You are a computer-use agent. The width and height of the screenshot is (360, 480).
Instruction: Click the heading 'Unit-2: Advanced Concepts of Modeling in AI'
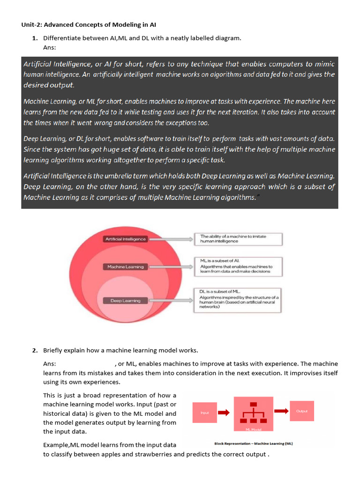tap(92, 24)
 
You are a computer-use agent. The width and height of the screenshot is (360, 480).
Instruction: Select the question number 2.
tap(35, 350)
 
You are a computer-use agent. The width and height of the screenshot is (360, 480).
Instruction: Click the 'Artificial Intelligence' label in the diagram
tap(126, 239)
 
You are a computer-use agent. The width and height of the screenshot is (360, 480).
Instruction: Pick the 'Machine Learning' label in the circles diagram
tap(126, 267)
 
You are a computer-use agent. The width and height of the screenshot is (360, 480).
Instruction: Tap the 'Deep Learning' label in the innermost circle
tap(125, 300)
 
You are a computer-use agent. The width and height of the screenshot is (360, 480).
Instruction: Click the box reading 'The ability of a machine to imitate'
tap(238, 239)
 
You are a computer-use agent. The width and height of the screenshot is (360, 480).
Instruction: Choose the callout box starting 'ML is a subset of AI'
tap(238, 267)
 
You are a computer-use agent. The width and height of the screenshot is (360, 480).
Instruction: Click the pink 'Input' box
tap(204, 412)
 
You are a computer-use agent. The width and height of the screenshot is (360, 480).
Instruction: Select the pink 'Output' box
tap(302, 411)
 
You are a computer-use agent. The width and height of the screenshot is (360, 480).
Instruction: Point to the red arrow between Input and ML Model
tap(224, 412)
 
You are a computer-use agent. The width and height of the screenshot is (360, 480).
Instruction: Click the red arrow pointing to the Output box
tap(281, 411)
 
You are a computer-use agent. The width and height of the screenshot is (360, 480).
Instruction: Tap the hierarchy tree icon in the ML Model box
tap(253, 412)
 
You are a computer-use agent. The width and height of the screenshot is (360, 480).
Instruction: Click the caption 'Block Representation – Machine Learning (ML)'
tap(253, 443)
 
